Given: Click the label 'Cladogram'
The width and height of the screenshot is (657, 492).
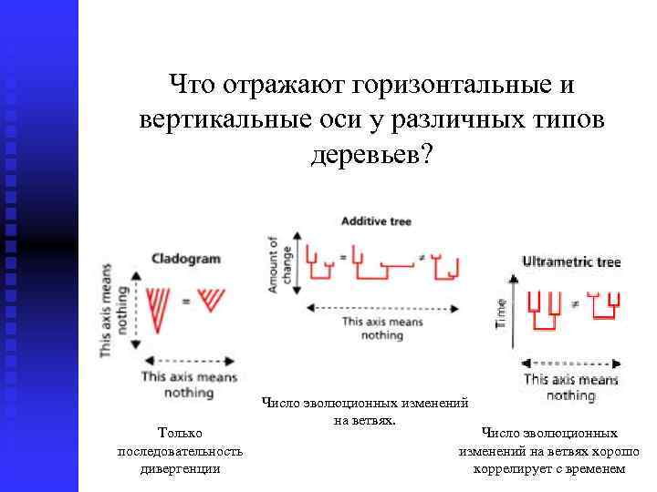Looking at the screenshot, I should pyautogui.click(x=185, y=259).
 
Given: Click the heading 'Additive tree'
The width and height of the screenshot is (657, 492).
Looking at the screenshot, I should pyautogui.click(x=376, y=221).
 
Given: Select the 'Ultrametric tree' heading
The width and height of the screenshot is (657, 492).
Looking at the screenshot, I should pyautogui.click(x=571, y=261).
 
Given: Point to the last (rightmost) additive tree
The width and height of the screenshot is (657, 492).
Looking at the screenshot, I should pyautogui.click(x=447, y=265).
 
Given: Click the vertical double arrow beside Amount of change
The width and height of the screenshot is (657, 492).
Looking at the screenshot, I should pyautogui.click(x=293, y=265).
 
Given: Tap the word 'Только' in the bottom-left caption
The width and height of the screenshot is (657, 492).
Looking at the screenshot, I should pyautogui.click(x=180, y=434).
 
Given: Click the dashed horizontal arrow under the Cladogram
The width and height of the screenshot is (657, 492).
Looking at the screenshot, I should pyautogui.click(x=189, y=359).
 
